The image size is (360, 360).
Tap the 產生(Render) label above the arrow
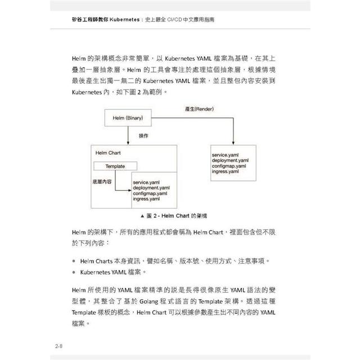(x=200, y=107)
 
